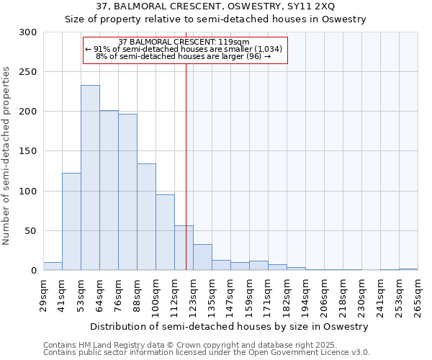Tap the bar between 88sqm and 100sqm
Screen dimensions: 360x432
(146, 217)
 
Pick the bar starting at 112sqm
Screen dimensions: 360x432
(184, 248)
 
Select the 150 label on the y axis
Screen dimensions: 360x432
(28, 152)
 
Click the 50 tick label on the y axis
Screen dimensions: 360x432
(31, 231)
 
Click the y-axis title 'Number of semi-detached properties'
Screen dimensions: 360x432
(7, 156)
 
